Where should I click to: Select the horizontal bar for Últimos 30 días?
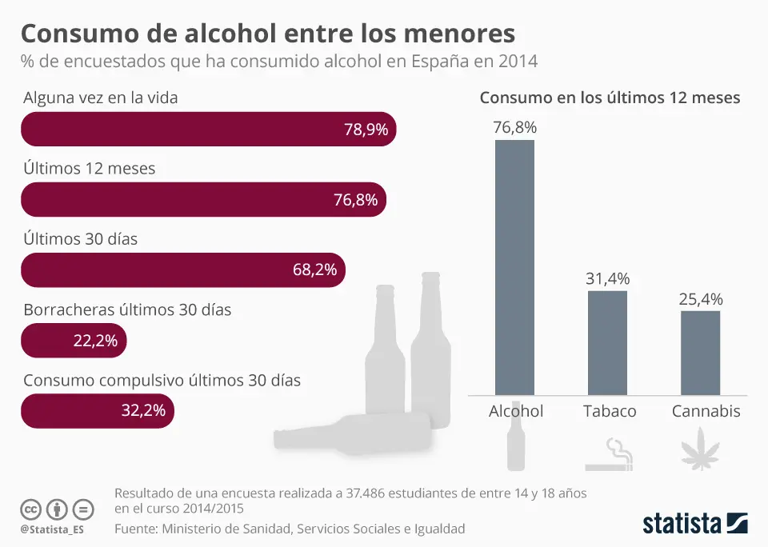click(x=183, y=270)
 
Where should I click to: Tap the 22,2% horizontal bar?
click(x=74, y=341)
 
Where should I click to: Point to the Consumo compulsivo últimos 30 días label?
click(x=162, y=381)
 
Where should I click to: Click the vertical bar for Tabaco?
click(x=607, y=342)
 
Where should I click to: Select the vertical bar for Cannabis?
click(x=700, y=353)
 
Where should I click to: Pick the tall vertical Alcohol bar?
click(x=514, y=267)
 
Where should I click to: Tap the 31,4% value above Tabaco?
click(x=607, y=279)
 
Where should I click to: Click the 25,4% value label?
click(x=700, y=300)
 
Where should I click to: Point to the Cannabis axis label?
click(x=706, y=411)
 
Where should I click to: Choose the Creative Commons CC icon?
click(x=30, y=509)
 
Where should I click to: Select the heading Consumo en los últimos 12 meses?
click(x=610, y=98)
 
